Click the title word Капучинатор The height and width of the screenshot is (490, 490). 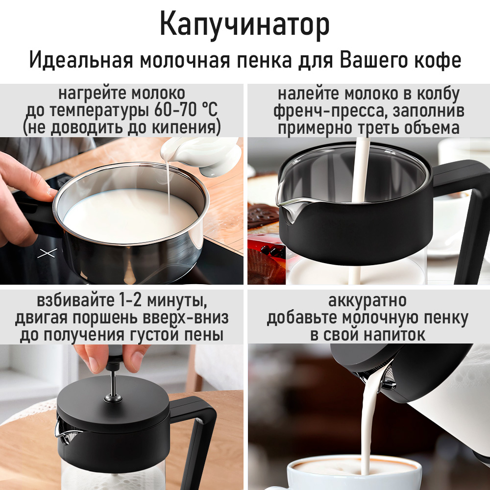click(245, 25)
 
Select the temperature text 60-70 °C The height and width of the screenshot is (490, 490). click(186, 110)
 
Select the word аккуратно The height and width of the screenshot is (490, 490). click(367, 301)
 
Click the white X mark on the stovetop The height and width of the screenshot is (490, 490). click(47, 253)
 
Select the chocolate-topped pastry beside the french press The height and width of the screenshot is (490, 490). click(263, 216)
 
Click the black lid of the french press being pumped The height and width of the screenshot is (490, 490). click(113, 403)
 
